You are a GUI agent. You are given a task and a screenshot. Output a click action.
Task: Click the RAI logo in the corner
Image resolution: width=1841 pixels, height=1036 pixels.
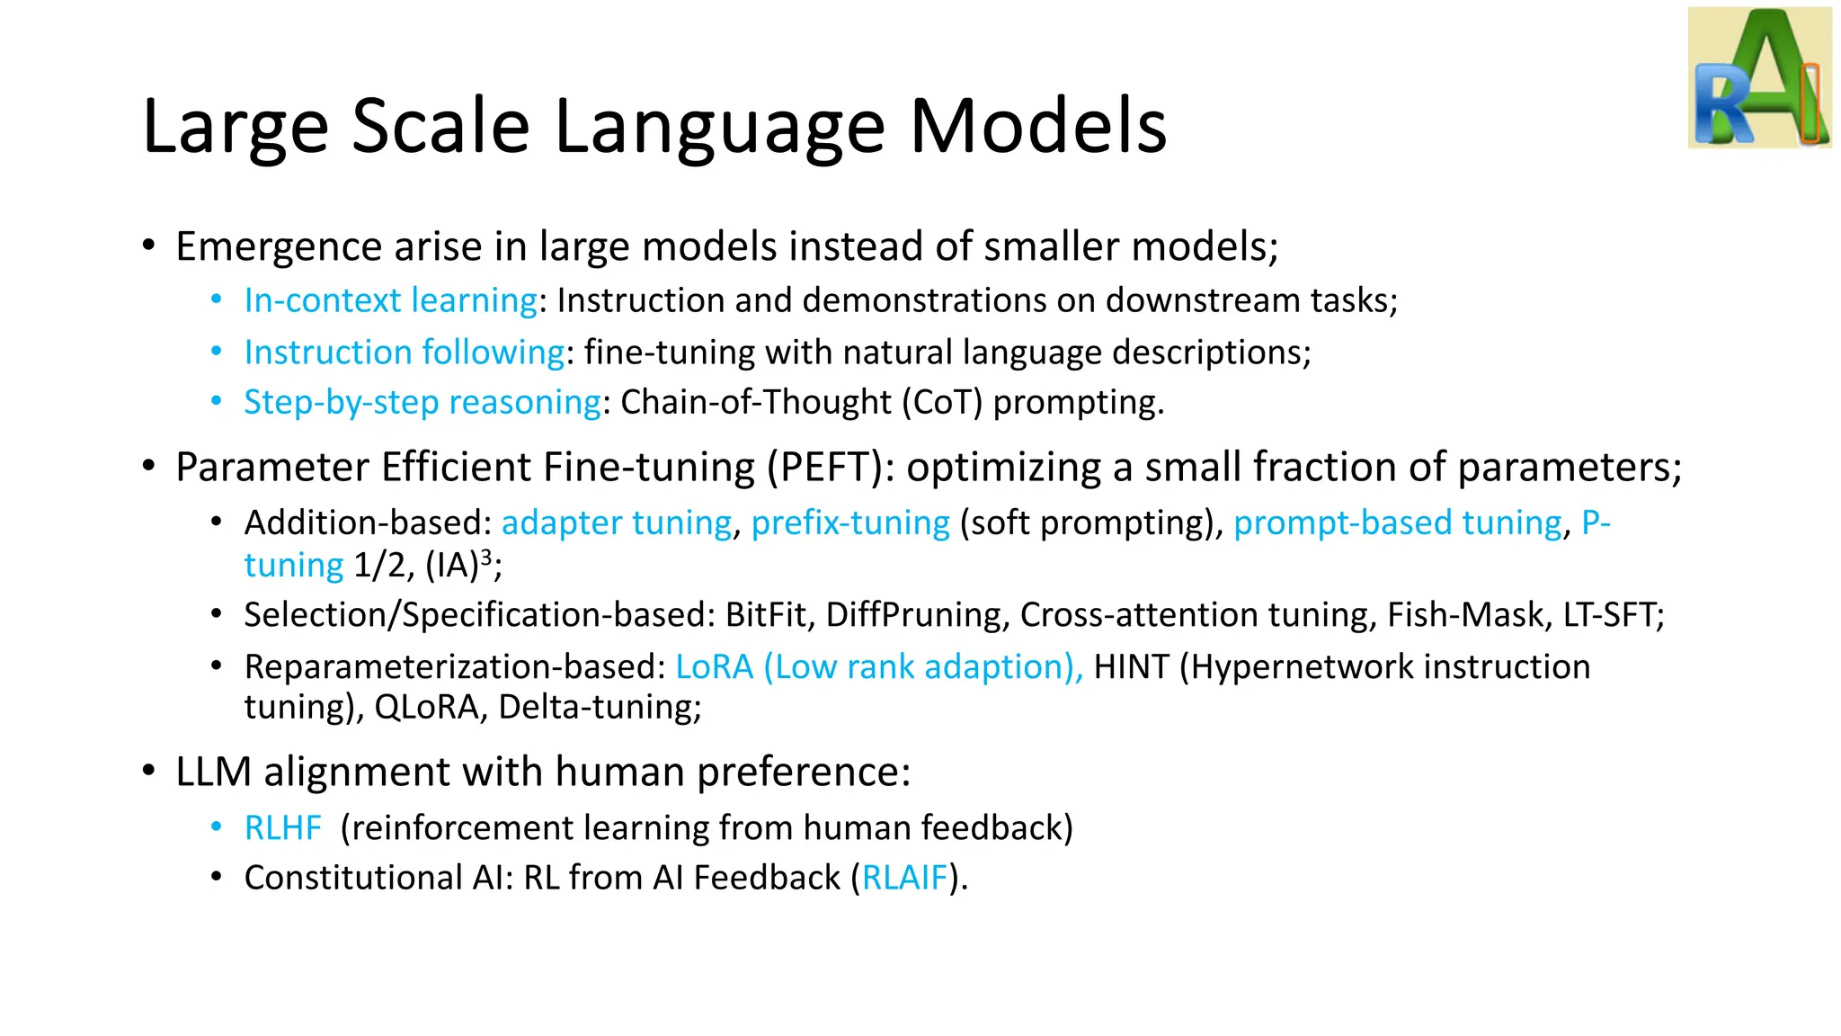point(1759,77)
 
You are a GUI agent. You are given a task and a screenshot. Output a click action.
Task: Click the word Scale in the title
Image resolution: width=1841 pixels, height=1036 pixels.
point(440,126)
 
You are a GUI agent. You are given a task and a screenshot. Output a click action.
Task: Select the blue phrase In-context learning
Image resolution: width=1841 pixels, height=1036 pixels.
point(391,300)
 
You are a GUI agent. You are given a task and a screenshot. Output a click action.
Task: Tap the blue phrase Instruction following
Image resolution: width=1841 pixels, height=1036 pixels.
point(405,352)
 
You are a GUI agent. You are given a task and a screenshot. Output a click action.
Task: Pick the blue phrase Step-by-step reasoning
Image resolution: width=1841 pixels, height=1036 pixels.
point(422,402)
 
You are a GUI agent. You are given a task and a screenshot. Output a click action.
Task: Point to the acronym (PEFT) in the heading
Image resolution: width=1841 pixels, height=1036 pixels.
point(825,468)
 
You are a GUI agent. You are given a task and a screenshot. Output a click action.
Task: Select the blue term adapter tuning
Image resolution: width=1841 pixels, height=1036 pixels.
point(617,522)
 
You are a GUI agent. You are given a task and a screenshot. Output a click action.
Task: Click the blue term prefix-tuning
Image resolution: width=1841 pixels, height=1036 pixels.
point(850,522)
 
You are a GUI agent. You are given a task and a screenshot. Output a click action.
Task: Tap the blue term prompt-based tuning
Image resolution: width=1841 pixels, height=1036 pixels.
point(1398,522)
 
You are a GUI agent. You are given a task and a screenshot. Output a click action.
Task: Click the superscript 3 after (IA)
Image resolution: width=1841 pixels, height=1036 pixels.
point(486,557)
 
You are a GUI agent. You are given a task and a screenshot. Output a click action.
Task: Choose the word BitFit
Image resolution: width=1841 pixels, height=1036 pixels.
point(766,615)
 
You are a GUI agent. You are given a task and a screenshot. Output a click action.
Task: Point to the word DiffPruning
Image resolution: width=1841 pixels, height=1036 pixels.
point(912,615)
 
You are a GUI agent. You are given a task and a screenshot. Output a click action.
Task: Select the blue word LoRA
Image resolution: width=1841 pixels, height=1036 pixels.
point(714,667)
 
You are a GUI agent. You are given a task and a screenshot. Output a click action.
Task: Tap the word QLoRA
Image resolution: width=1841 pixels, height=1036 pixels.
point(426,708)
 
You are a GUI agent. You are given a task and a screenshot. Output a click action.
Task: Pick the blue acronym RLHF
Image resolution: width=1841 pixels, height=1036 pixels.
point(282,828)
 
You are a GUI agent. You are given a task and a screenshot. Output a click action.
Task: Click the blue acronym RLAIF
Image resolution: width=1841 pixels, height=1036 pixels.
point(904,878)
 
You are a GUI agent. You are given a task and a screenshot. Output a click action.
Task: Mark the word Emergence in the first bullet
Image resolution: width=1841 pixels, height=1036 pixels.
point(278,247)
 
